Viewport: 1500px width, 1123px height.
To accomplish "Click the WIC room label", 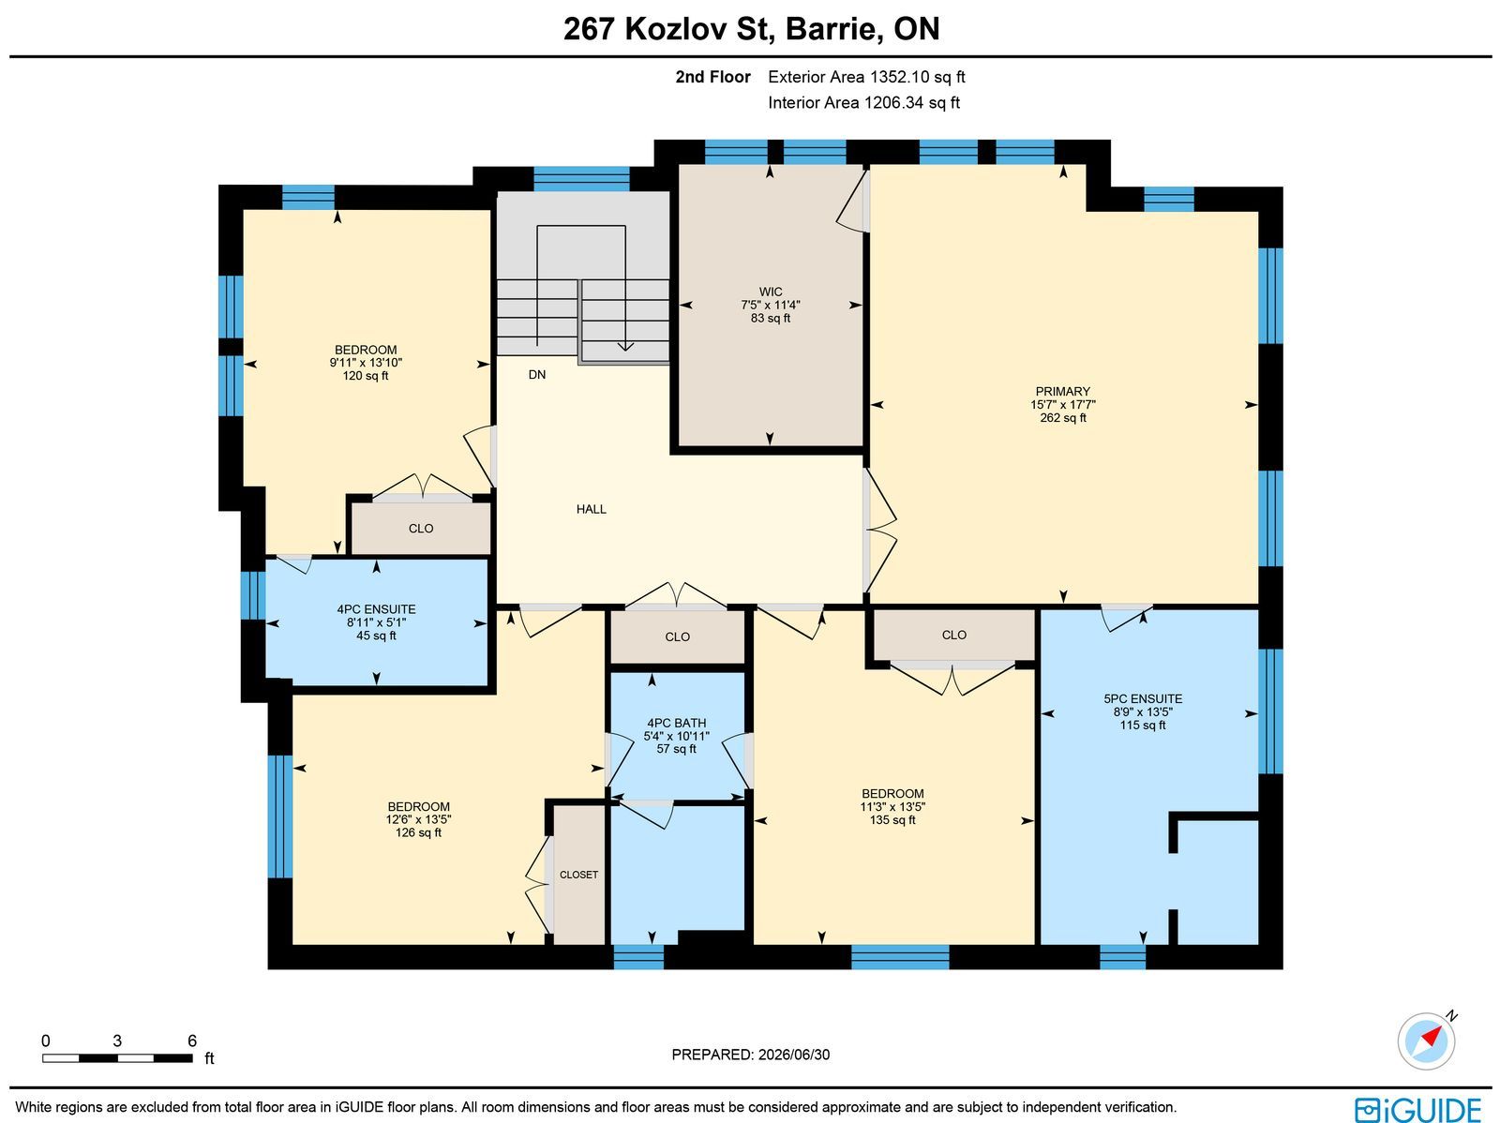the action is click(771, 292).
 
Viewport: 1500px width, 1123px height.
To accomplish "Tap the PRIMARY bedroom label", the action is click(1062, 392).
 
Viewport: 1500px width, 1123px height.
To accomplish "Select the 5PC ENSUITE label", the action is click(1143, 698).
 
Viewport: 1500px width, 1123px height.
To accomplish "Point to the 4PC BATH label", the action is click(677, 723).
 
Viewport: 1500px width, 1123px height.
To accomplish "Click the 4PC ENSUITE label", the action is click(376, 609).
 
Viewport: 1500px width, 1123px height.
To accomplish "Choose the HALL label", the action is click(592, 509).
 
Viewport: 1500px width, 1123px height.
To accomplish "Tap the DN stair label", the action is click(537, 374).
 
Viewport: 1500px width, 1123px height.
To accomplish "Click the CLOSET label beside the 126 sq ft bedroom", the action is click(578, 875).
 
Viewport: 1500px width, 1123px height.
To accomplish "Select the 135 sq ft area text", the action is click(892, 819).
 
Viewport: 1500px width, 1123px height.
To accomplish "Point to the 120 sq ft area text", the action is click(366, 376).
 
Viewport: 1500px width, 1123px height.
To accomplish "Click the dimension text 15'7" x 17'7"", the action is click(1062, 404).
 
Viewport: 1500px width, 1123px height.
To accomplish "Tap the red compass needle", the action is click(1432, 1037).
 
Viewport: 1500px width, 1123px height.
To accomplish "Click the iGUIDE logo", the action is click(1417, 1110).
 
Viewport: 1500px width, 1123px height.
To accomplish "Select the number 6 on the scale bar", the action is click(192, 1041).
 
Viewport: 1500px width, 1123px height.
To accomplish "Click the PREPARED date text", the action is click(750, 1055).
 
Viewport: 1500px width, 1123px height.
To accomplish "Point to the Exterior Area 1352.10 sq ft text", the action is click(866, 77).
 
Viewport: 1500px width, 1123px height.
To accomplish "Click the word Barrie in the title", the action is click(830, 29).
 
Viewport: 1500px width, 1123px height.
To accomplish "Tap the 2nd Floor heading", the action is click(712, 77).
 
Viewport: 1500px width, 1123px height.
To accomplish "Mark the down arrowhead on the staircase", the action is click(625, 346).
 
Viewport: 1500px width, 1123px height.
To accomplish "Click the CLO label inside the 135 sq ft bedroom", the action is click(954, 636).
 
